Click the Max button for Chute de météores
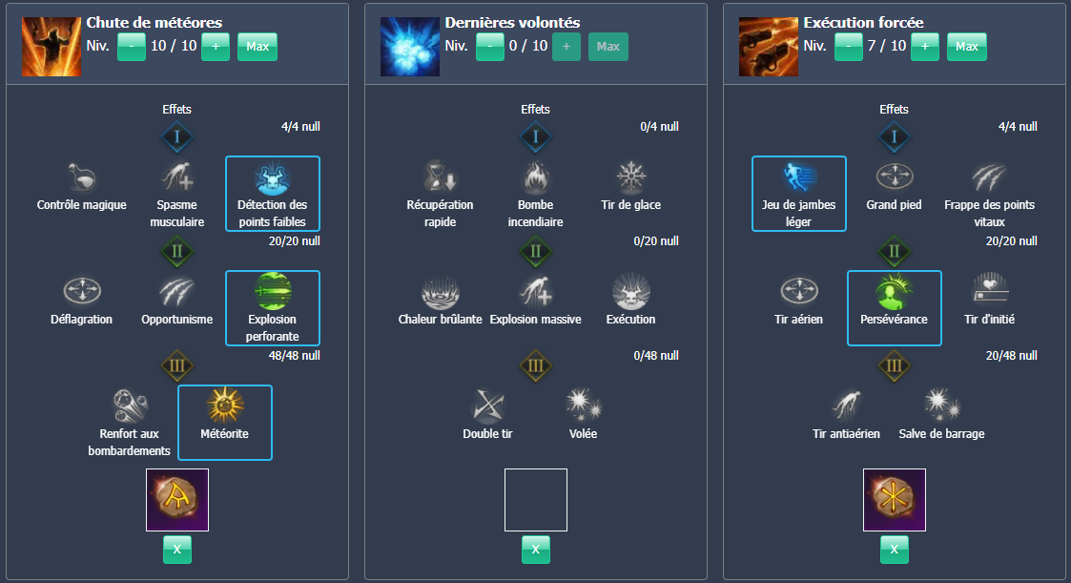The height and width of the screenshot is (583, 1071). click(x=257, y=46)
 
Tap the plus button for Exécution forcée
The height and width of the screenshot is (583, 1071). click(x=925, y=46)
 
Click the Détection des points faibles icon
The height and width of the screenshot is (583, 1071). click(x=273, y=178)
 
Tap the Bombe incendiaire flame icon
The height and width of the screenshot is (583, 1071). click(x=536, y=178)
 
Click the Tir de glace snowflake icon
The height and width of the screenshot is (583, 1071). click(x=631, y=178)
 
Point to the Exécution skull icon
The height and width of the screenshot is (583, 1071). click(x=631, y=292)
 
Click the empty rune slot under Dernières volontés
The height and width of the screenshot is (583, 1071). click(x=536, y=500)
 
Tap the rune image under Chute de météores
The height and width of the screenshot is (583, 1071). click(x=177, y=500)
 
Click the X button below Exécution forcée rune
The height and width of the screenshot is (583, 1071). click(x=895, y=550)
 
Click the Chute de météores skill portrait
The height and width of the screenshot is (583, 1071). click(x=51, y=46)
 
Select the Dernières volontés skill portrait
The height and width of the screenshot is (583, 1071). click(x=410, y=46)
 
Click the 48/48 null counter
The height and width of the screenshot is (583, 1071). click(x=295, y=355)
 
